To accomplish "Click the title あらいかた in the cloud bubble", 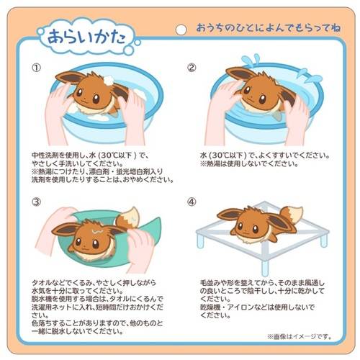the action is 86,37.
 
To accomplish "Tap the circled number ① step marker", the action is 37,68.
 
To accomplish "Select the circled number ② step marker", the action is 192,68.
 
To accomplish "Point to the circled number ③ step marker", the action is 37,202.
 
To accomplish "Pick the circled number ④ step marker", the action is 192,202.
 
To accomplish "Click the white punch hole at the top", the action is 181,30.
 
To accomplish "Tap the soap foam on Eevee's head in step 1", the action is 109,80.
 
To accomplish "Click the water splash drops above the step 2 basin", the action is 251,60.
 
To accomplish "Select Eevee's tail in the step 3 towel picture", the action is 127,218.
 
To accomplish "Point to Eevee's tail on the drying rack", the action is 292,214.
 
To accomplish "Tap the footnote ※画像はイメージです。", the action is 300,336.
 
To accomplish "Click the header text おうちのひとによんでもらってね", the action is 269,28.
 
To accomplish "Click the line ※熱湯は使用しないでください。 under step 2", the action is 249,164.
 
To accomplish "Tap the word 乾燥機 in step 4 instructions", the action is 210,307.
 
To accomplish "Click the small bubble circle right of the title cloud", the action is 138,42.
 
